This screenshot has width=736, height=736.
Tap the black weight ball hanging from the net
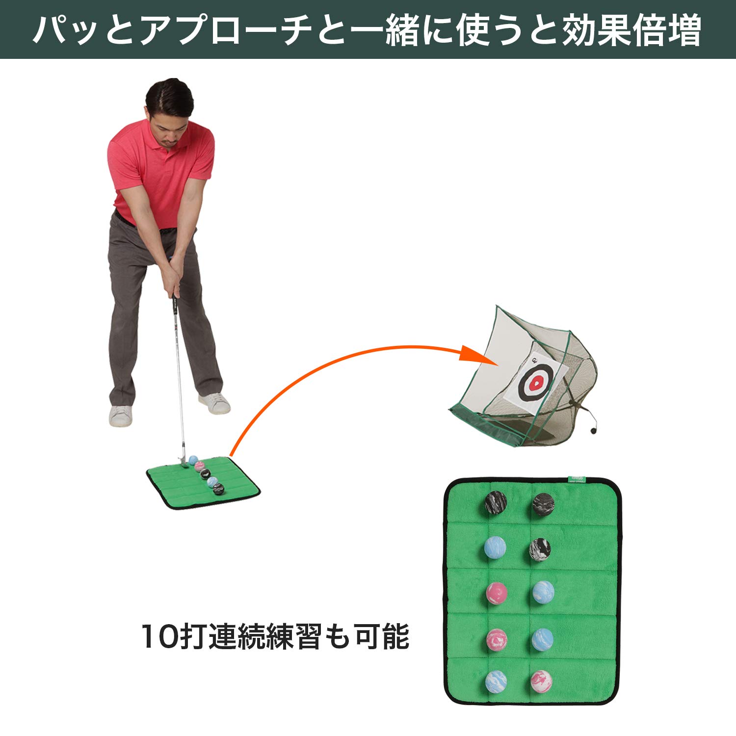tap(593, 430)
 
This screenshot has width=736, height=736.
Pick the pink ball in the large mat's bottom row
tap(541, 681)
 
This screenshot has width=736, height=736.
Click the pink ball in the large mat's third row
tap(497, 593)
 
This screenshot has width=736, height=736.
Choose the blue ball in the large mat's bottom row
tap(496, 682)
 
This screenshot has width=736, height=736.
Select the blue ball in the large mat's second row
tap(495, 548)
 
